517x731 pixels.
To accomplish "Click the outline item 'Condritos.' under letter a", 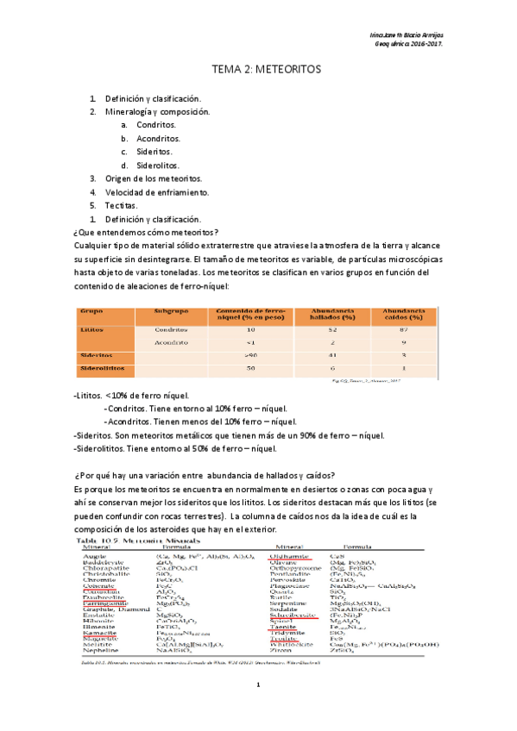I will pos(155,125).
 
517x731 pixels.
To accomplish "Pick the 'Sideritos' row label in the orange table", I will pos(96,354).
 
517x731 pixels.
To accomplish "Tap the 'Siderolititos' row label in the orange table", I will pos(102,368).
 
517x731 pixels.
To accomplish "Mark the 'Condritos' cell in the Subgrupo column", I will pos(171,329).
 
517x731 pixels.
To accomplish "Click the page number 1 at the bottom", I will pos(257,708).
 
